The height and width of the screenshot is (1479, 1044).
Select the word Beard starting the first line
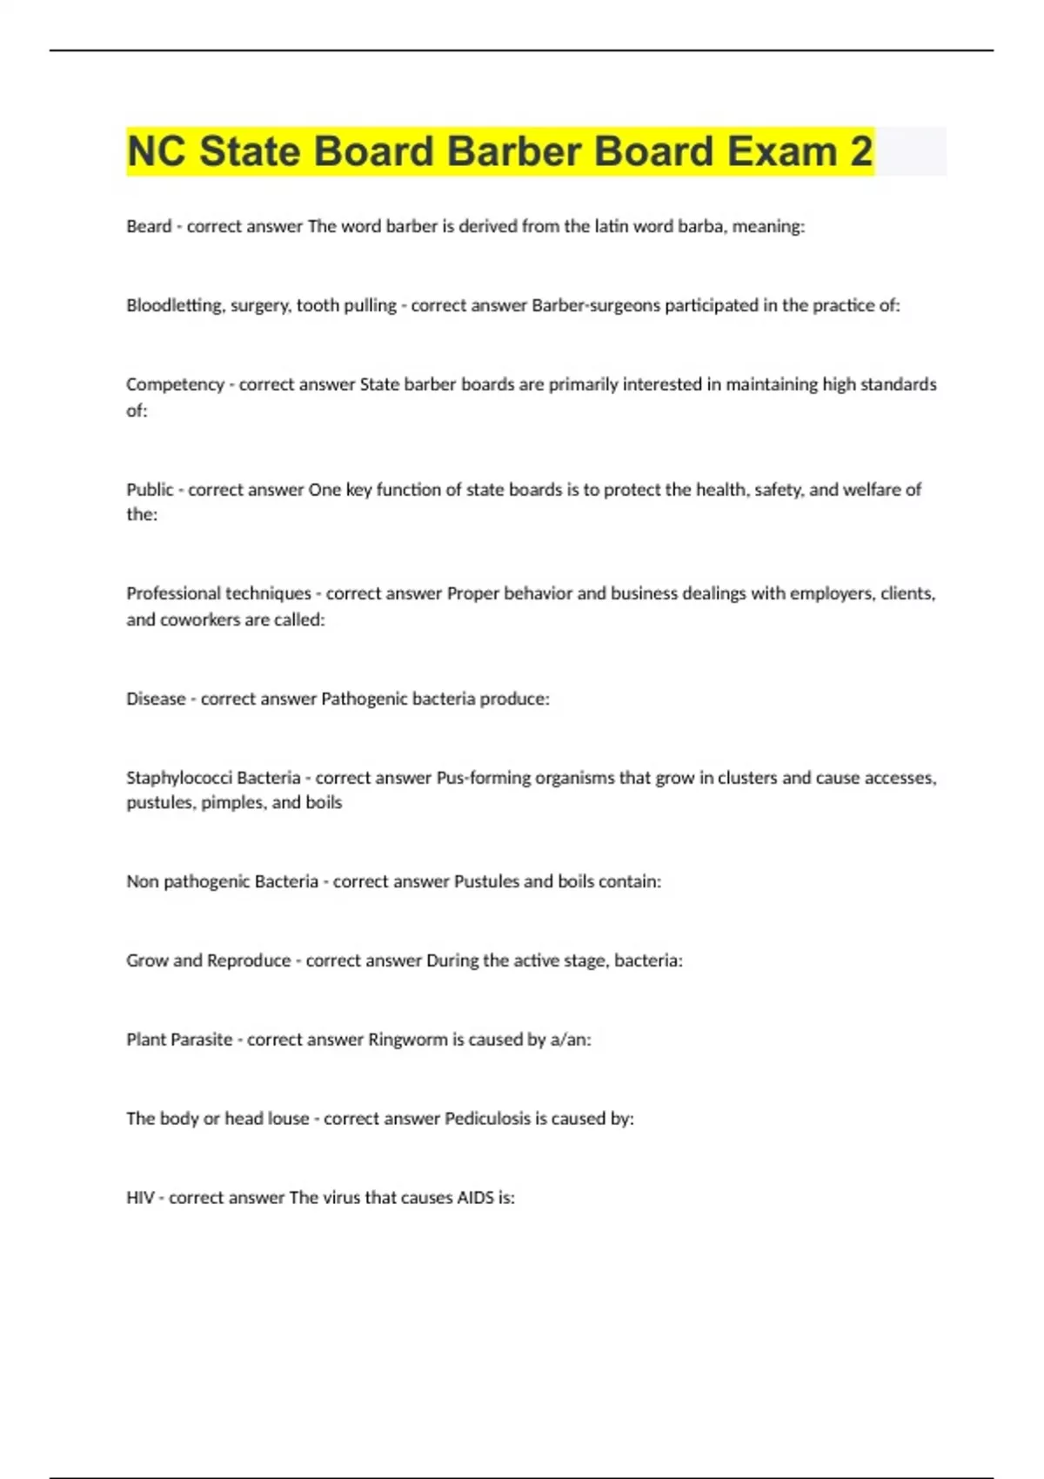coord(149,226)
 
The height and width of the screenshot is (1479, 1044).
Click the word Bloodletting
coord(175,305)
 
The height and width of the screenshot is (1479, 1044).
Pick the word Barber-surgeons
coord(596,305)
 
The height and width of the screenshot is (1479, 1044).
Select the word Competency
coord(175,385)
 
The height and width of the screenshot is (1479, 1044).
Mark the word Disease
coord(156,699)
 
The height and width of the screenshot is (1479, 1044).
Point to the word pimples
coord(232,803)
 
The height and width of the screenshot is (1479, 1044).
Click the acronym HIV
coord(140,1198)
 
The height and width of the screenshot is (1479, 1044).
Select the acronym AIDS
coord(475,1198)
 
